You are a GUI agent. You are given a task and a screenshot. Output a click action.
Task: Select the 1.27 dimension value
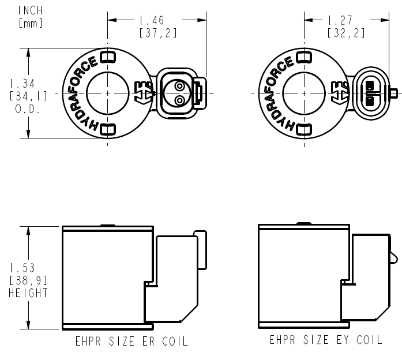click(345, 20)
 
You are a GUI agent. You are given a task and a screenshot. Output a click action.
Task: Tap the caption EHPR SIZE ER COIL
click(131, 340)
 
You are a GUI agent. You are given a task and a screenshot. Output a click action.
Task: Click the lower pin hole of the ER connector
click(180, 100)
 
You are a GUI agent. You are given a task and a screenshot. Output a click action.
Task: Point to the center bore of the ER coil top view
click(107, 93)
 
